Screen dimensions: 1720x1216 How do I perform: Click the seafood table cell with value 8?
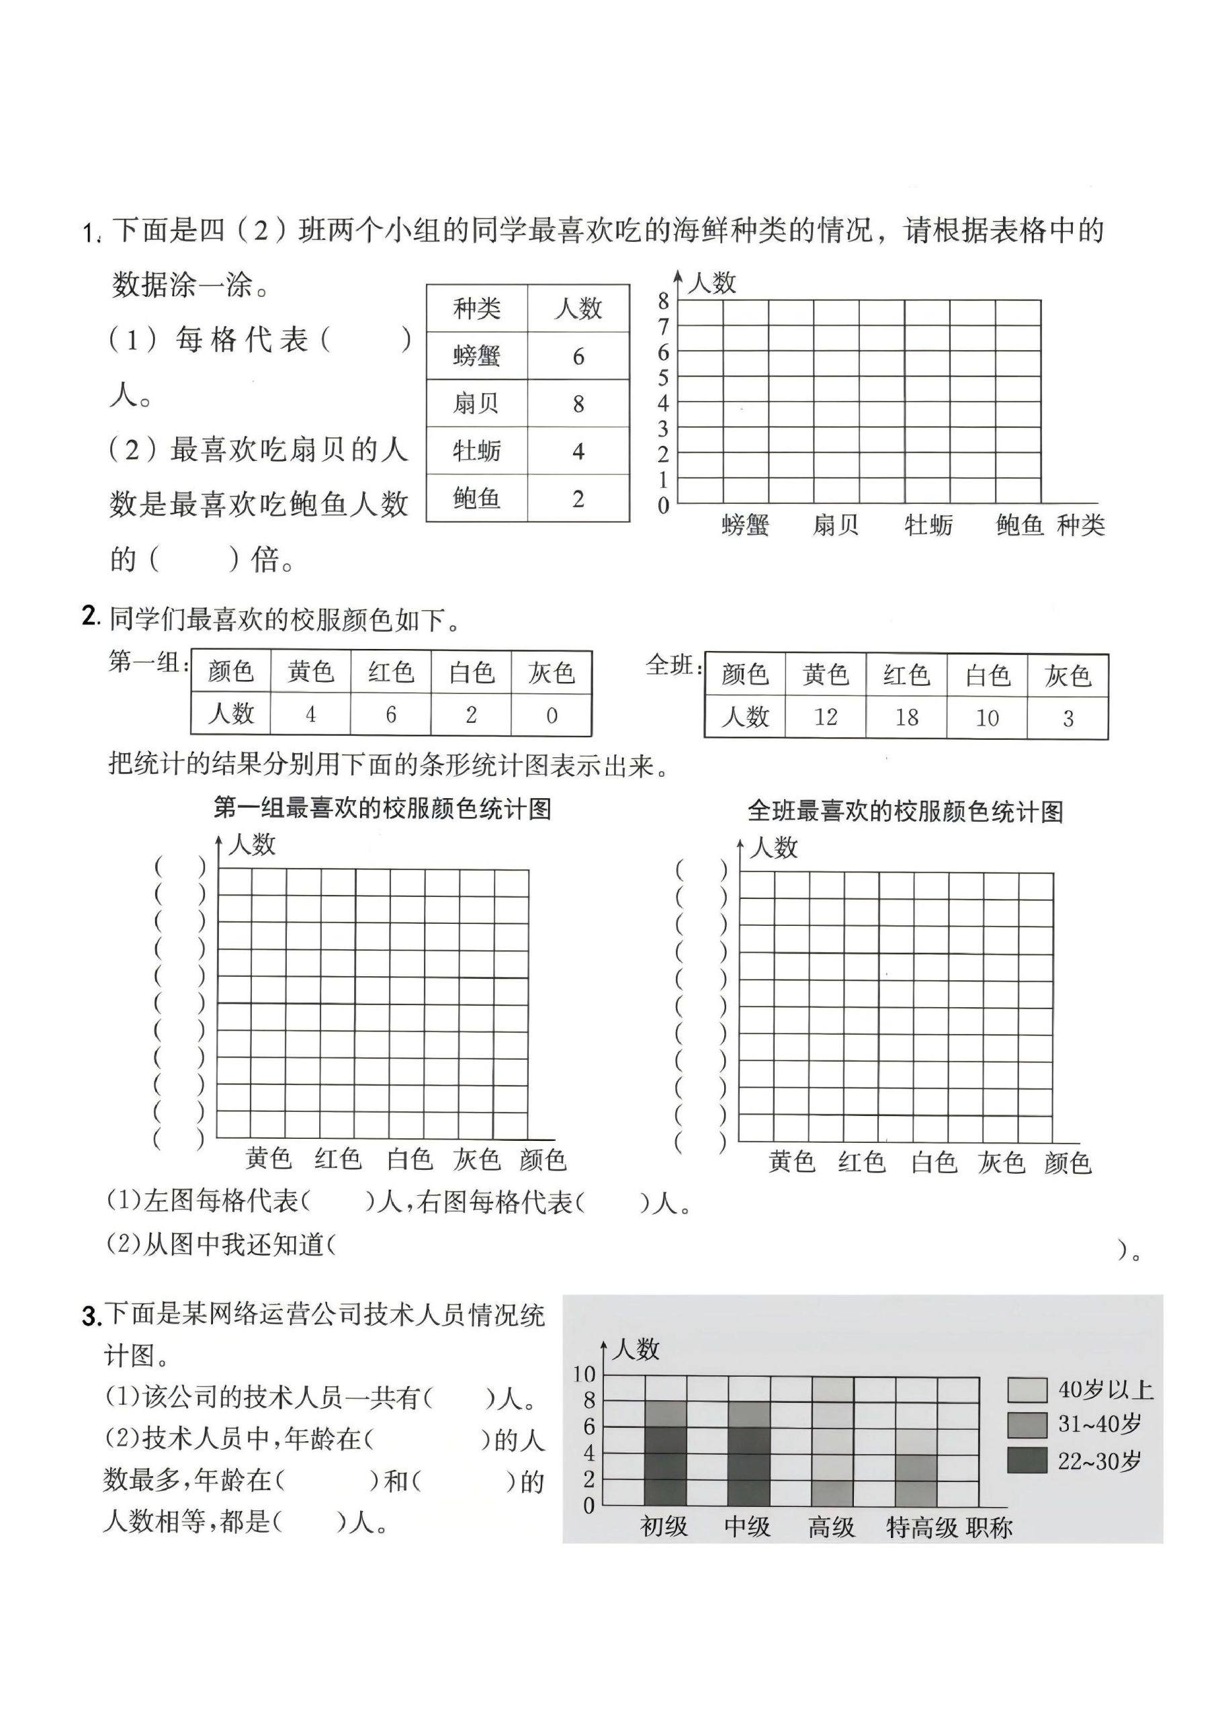[x=578, y=404]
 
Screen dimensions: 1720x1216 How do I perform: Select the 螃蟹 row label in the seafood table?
[x=476, y=356]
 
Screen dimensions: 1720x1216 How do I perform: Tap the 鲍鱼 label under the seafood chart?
[x=1019, y=525]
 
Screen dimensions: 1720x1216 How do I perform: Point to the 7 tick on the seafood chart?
[x=663, y=327]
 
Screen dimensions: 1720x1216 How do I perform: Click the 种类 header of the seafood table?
[x=476, y=308]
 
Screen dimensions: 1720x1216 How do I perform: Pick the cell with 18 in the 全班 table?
[x=906, y=718]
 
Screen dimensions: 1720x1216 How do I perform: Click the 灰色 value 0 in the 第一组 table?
[x=552, y=716]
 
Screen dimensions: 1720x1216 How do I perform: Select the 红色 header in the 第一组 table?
[x=390, y=672]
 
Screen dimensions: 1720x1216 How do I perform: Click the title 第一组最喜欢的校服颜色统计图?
[x=382, y=809]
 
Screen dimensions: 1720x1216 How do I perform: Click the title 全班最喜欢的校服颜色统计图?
[x=905, y=812]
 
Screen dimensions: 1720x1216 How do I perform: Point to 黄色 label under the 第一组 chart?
[x=268, y=1159]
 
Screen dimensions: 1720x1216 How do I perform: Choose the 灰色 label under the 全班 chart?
[x=1001, y=1162]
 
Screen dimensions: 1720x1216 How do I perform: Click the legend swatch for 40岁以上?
[x=1027, y=1390]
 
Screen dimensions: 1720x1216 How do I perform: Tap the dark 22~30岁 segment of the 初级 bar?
[x=665, y=1465]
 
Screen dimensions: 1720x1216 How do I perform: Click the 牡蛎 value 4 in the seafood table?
[x=578, y=451]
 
